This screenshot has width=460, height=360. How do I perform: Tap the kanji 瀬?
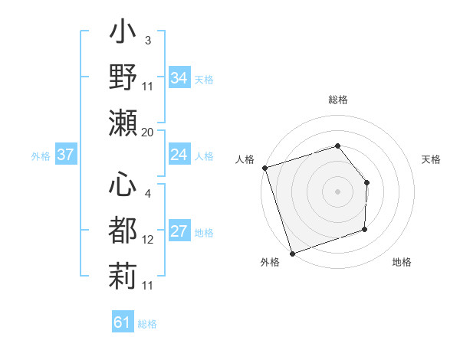[x=123, y=123]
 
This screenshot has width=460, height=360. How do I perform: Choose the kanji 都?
[x=123, y=231]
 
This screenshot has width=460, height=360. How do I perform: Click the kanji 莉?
[x=123, y=275]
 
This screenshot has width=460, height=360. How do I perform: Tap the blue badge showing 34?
[x=179, y=78]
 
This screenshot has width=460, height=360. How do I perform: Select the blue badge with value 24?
[x=179, y=155]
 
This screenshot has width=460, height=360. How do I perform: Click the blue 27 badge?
[x=179, y=232]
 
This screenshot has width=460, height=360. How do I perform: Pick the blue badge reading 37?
[x=65, y=155]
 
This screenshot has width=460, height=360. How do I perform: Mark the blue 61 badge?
[x=123, y=322]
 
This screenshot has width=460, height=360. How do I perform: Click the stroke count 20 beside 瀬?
[x=148, y=133]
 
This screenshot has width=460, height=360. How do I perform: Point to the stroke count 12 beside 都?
[x=148, y=240]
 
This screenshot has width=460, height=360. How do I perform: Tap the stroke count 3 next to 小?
[x=147, y=41]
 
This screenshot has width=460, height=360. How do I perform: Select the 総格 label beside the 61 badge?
[x=147, y=324]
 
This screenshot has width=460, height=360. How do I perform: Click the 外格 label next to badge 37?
[x=41, y=156]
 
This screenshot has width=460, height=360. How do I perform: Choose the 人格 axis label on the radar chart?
[x=245, y=159]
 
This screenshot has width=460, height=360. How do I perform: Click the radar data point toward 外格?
[x=292, y=254]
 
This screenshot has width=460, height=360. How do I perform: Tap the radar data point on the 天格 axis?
[x=367, y=183]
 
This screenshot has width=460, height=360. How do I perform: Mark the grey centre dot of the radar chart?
[x=337, y=191]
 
